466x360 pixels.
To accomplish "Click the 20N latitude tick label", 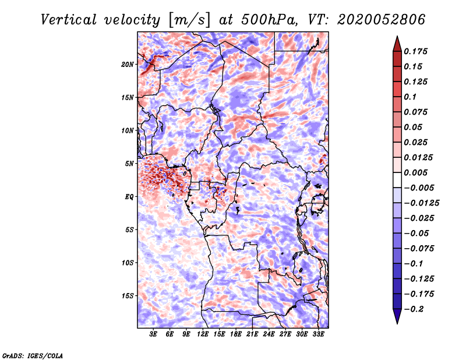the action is coord(128,65).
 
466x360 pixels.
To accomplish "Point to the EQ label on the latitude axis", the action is coord(129,197).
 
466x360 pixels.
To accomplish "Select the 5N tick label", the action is coord(129,164).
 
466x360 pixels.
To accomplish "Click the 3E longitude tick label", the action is coord(153,334).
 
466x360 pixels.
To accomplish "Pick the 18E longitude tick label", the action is coord(236,334).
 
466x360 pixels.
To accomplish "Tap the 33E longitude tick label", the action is coord(318,334).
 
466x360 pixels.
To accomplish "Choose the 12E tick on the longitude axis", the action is coord(203,334).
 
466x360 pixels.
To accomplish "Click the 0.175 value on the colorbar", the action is coord(415,51).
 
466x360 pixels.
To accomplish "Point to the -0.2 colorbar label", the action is coord(414,309).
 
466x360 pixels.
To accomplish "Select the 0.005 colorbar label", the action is coord(415,172).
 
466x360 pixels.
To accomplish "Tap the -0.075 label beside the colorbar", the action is coord(419,249).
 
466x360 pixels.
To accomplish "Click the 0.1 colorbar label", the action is coord(410,97).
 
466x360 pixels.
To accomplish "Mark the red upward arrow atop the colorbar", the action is coord(397,44).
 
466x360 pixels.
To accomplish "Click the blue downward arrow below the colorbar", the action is coord(397,316).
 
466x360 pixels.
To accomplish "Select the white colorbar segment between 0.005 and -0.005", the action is coord(397,180).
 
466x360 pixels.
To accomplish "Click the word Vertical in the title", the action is coord(69,20).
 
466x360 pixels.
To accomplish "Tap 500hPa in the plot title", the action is coord(269,20).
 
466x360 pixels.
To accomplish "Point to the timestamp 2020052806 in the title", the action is coord(382,20).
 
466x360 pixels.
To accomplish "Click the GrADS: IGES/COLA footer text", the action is coord(33,356).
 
